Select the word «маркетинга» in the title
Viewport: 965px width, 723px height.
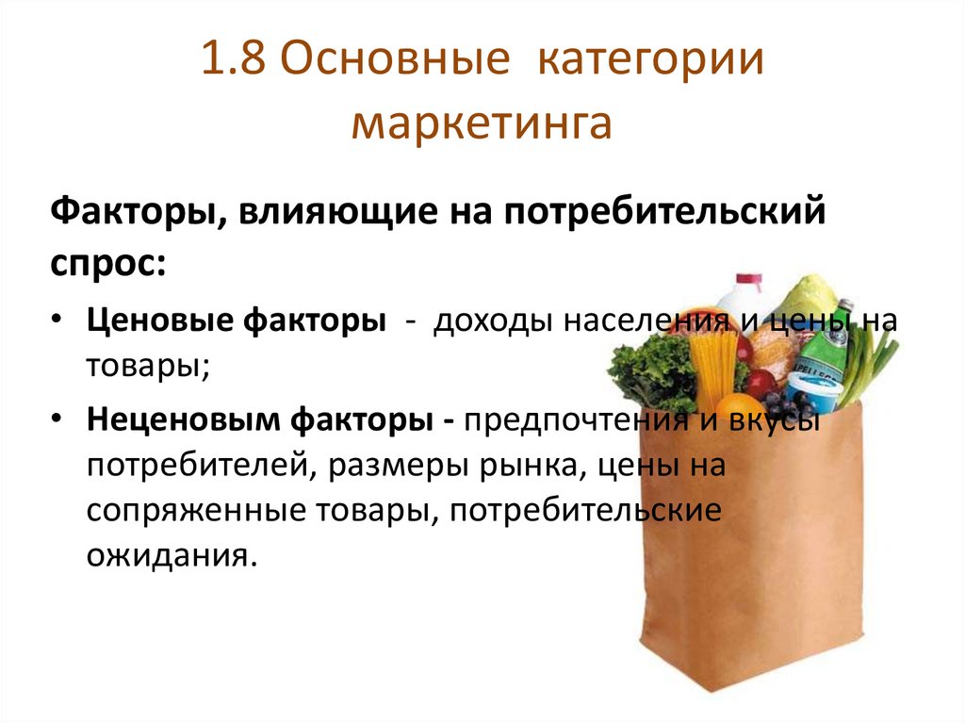coord(482,123)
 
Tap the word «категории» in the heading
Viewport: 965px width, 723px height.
coord(650,63)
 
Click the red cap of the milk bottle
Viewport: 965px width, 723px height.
coord(749,280)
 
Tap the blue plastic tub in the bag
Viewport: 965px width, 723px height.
coord(808,387)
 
